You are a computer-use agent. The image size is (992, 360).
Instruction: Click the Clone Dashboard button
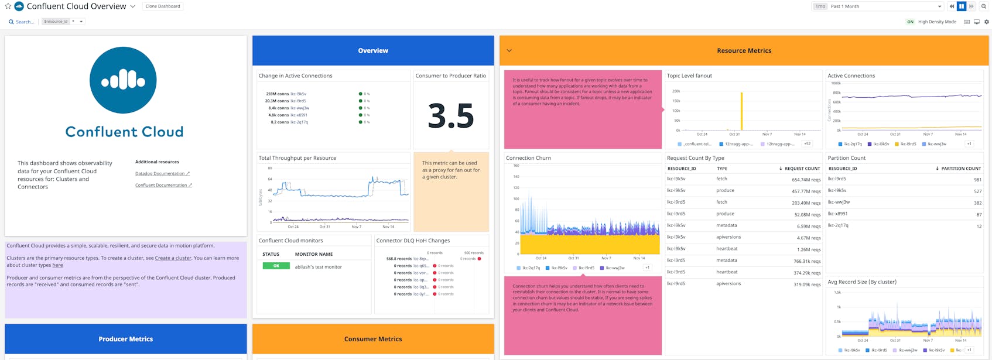point(163,6)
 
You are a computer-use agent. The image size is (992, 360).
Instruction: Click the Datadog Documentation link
point(160,173)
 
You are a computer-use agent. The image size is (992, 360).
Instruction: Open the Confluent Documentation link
point(161,185)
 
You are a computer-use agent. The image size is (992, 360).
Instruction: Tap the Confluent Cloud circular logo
point(123,80)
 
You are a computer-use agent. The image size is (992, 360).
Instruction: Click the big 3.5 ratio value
point(450,116)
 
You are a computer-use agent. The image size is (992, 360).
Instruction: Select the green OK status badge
point(276,266)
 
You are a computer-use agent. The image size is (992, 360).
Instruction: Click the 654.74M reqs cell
point(805,180)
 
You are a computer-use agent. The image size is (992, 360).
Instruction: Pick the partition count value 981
point(977,180)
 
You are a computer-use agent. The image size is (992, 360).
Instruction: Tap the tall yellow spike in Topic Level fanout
point(741,111)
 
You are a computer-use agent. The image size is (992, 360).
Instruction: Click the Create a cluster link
point(173,258)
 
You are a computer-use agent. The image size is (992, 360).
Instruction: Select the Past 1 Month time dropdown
point(885,6)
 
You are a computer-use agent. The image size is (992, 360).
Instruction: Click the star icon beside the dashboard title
point(8,6)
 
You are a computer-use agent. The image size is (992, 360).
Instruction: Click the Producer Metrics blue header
point(125,339)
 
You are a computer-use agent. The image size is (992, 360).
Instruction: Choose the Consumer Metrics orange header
point(373,339)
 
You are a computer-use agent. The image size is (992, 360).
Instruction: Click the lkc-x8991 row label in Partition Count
point(837,214)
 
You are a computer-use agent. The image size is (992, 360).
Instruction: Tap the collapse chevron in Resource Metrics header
point(509,50)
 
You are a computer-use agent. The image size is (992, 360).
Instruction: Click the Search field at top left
point(24,22)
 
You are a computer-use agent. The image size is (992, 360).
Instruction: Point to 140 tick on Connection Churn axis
point(516,176)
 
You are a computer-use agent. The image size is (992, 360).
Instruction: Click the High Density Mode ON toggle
point(910,22)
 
